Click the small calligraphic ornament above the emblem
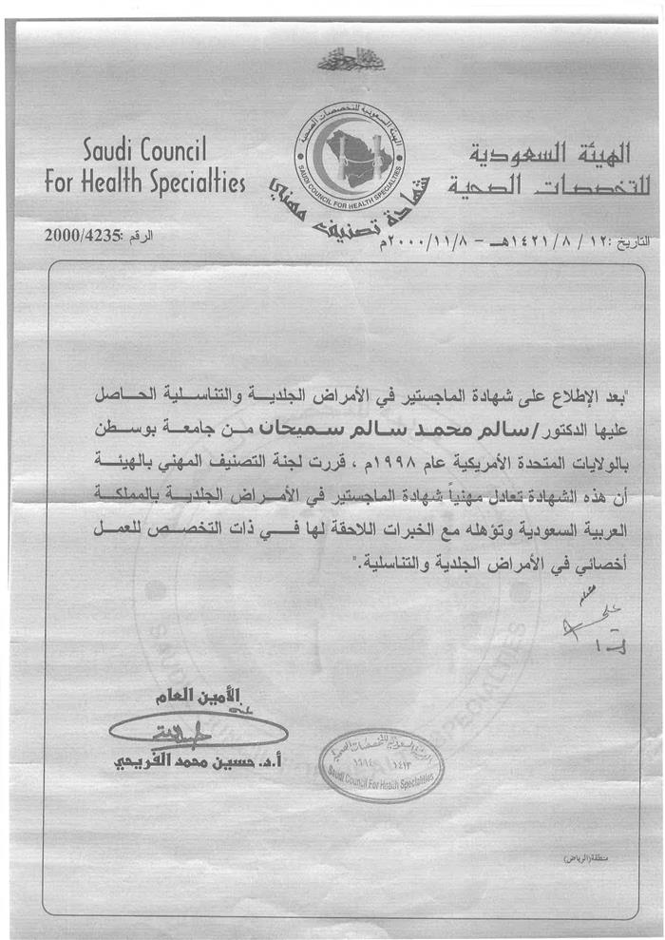(x=338, y=62)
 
